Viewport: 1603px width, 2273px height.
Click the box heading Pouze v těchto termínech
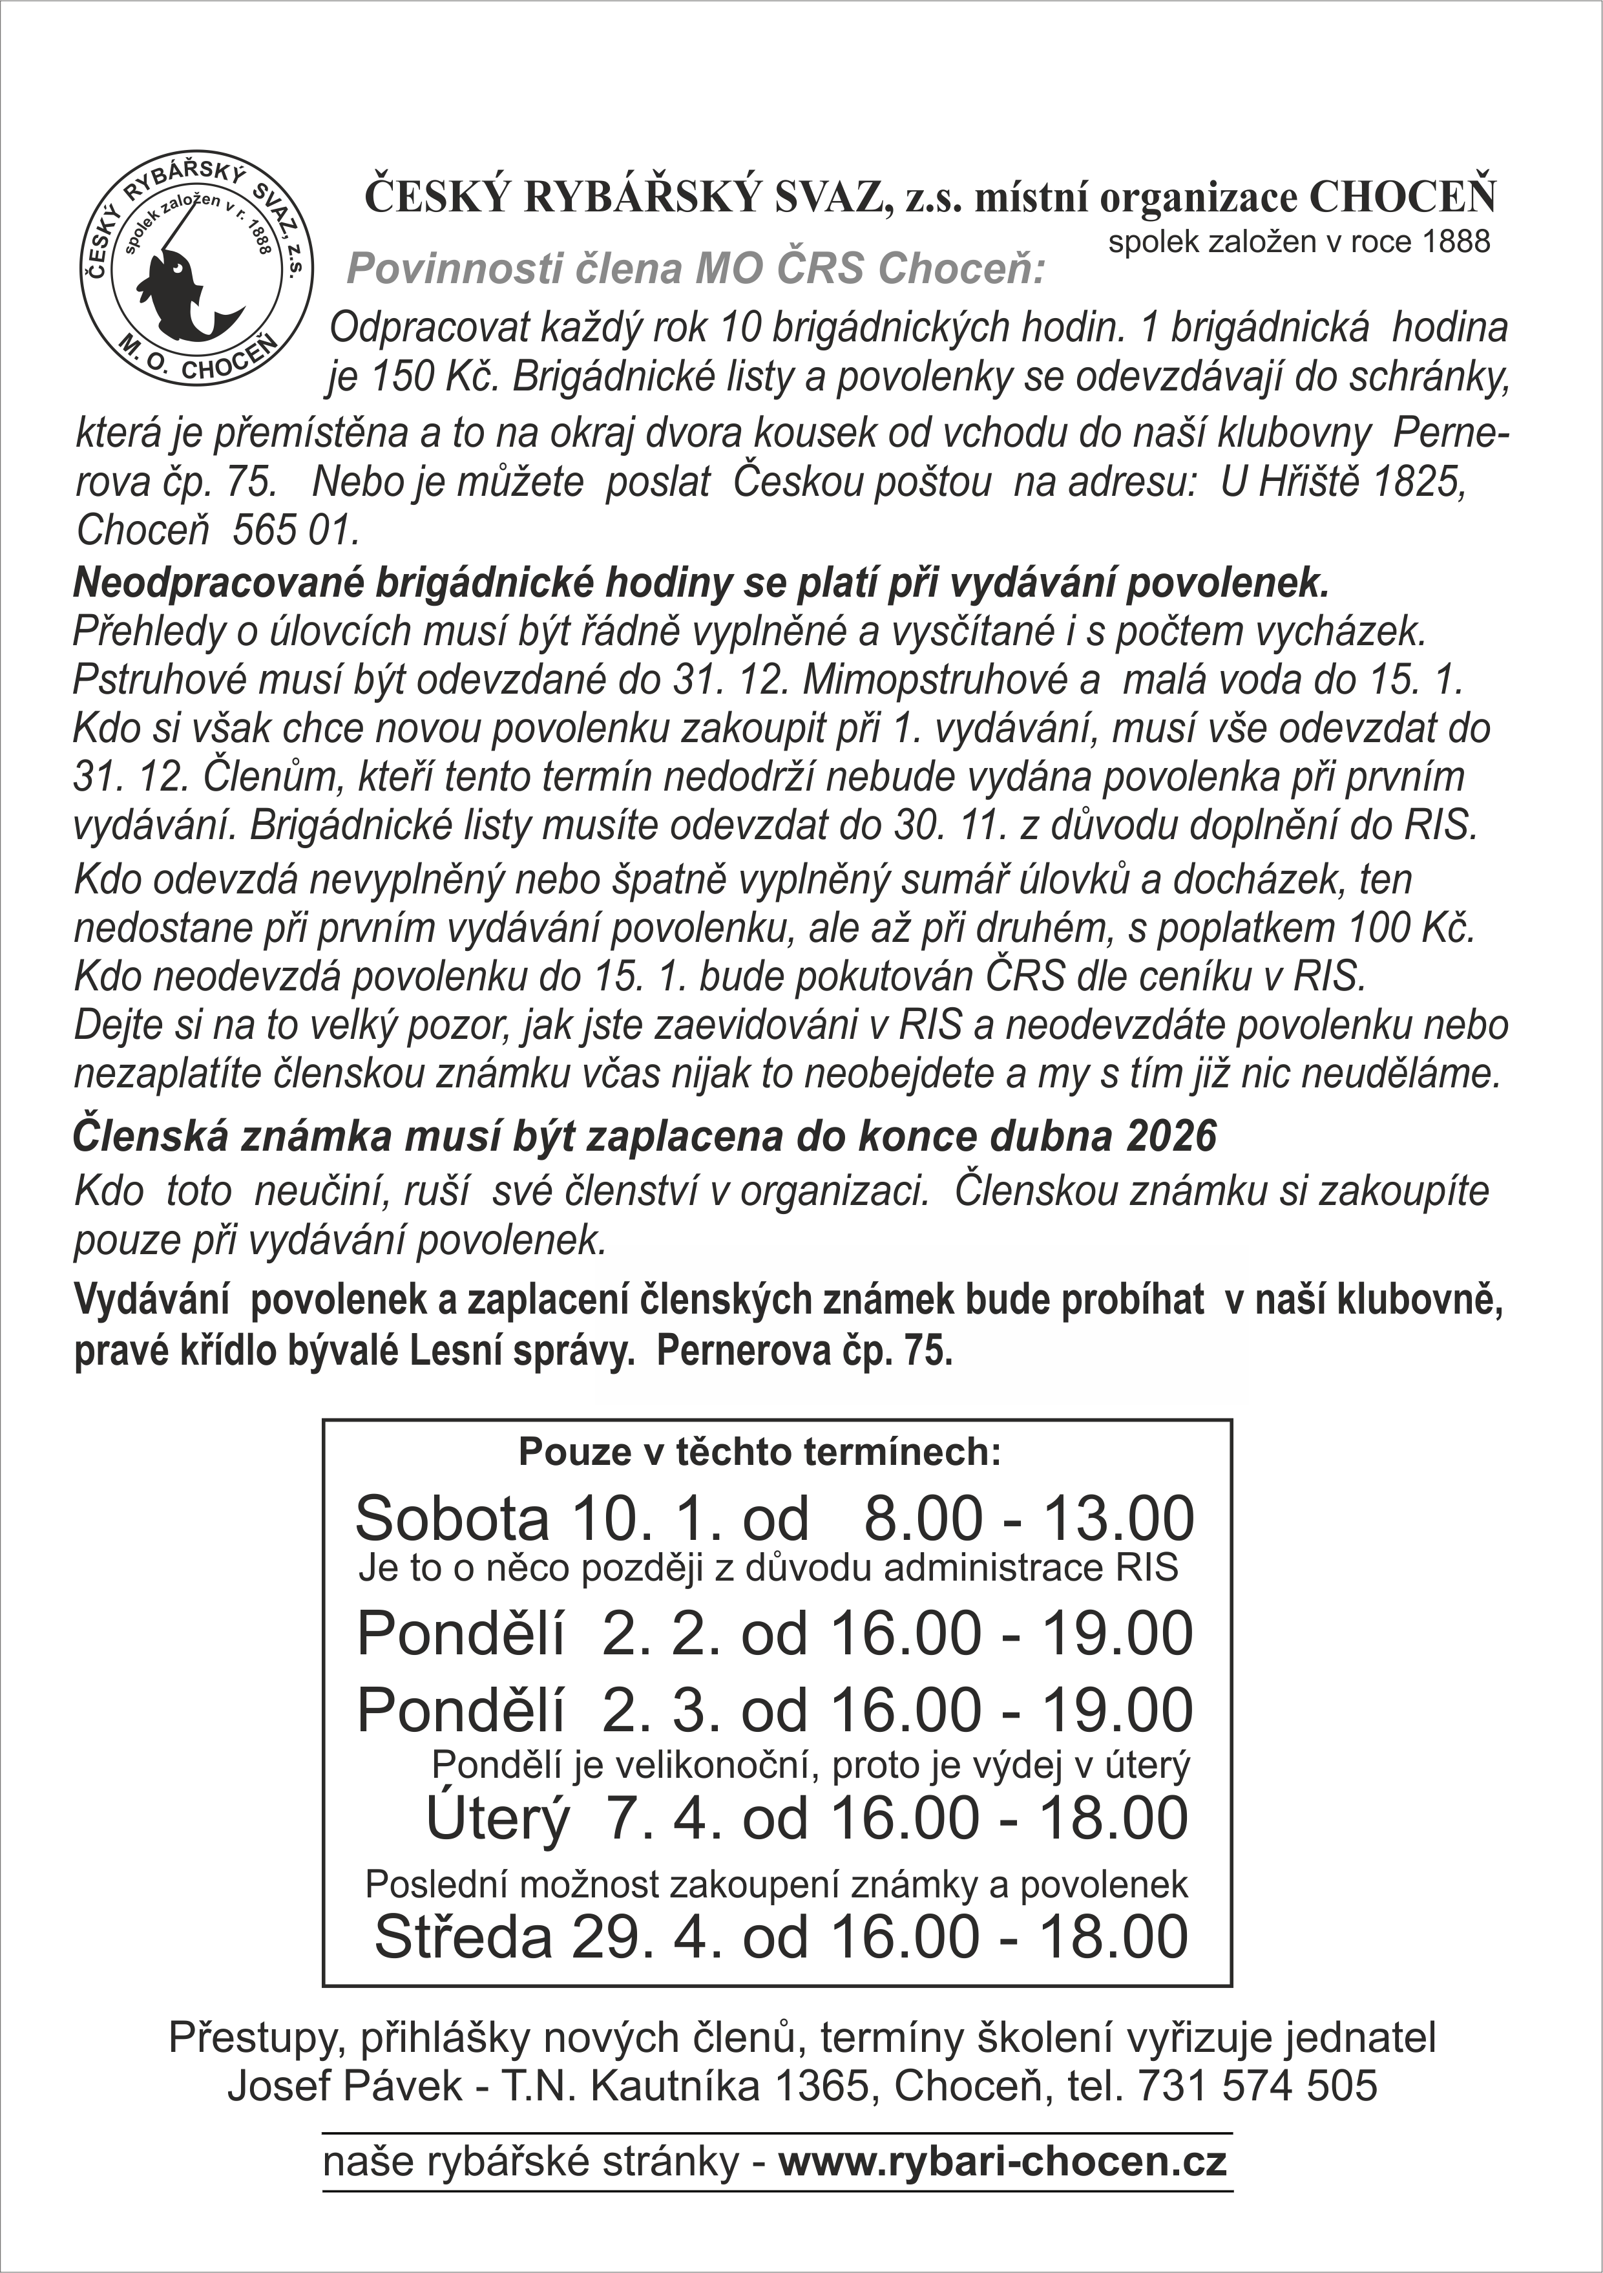760,1453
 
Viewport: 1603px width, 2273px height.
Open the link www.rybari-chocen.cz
1002,2160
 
